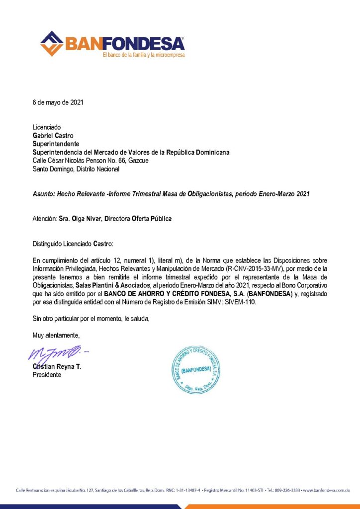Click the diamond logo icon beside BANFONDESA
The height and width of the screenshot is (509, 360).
(51, 43)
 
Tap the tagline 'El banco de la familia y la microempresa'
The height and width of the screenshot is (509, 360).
(143, 54)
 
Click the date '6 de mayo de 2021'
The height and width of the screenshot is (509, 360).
(58, 103)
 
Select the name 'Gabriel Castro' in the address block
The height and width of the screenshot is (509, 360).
(54, 134)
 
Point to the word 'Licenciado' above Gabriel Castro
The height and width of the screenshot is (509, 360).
(47, 127)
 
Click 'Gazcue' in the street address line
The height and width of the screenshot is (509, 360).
(138, 161)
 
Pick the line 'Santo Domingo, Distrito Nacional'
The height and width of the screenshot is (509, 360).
(76, 169)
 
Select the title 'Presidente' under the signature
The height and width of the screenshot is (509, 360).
(47, 375)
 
